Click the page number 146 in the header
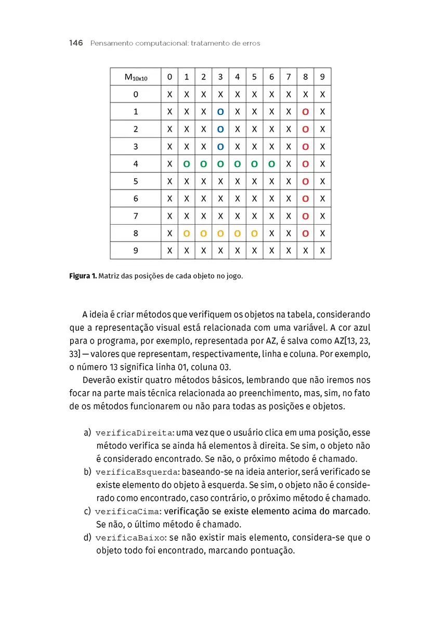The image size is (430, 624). [76, 43]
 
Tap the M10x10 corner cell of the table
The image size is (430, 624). [136, 77]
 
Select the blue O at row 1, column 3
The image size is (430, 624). [220, 112]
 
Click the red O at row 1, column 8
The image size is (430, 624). [306, 112]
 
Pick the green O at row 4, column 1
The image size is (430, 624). [187, 164]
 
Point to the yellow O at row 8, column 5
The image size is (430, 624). [254, 233]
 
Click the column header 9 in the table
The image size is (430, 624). [322, 77]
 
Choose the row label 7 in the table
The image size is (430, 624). [136, 216]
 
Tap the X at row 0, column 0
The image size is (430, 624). [170, 95]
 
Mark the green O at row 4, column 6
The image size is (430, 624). [271, 164]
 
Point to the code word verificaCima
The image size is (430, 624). [128, 512]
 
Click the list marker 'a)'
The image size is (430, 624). [87, 433]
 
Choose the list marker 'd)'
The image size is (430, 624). [87, 538]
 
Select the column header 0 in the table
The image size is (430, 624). [170, 77]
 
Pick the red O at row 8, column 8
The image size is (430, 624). [306, 233]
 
